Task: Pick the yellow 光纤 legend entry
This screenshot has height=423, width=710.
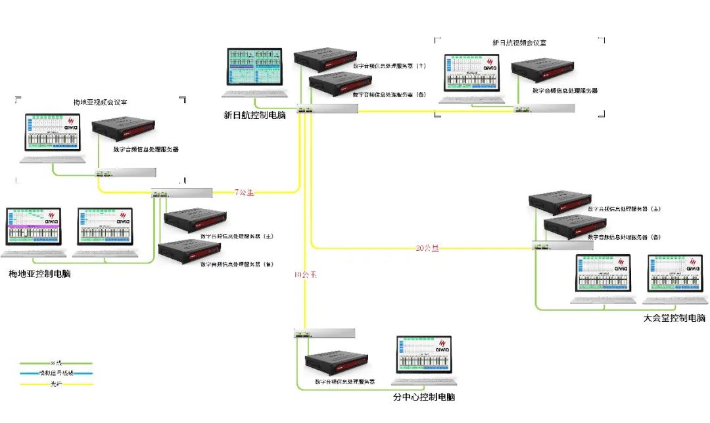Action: (x=55, y=384)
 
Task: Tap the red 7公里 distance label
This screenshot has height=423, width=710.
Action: (x=245, y=193)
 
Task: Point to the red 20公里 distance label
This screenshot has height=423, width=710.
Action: (x=427, y=248)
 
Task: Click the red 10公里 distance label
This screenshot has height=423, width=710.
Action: (x=305, y=275)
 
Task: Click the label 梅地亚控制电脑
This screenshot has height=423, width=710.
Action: (x=39, y=273)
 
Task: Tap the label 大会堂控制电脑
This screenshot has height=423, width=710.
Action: (x=674, y=318)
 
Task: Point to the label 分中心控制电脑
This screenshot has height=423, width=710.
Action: (x=423, y=397)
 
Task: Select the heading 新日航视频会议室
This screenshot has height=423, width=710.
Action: (x=519, y=42)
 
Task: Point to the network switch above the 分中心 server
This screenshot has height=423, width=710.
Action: (x=325, y=334)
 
